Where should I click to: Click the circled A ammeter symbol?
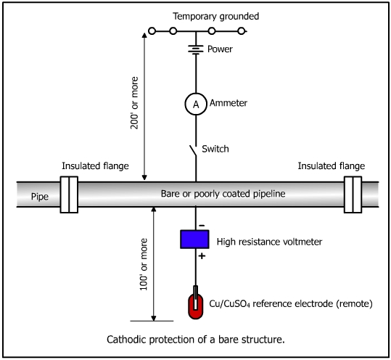coord(196,104)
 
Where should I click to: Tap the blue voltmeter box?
coord(194,240)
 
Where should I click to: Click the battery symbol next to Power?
coord(196,49)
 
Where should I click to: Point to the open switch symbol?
coord(194,151)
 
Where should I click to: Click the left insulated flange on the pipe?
coord(69,195)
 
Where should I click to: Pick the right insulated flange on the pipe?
coord(353,195)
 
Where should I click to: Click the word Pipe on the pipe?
coord(40,197)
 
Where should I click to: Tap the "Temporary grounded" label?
coord(216,17)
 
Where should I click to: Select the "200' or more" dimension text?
coord(134,103)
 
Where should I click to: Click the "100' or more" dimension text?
coord(144,264)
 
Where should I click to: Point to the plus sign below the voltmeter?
coord(202,256)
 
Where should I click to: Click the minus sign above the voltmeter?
coord(202,226)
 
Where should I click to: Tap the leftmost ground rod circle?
coord(152,31)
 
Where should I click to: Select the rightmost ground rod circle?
coord(242,31)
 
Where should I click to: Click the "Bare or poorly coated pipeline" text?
coord(223,194)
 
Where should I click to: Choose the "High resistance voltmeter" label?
coord(269,242)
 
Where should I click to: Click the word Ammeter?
coord(229,103)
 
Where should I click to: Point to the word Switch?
coord(215,149)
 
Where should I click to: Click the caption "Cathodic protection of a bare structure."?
coord(196,340)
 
